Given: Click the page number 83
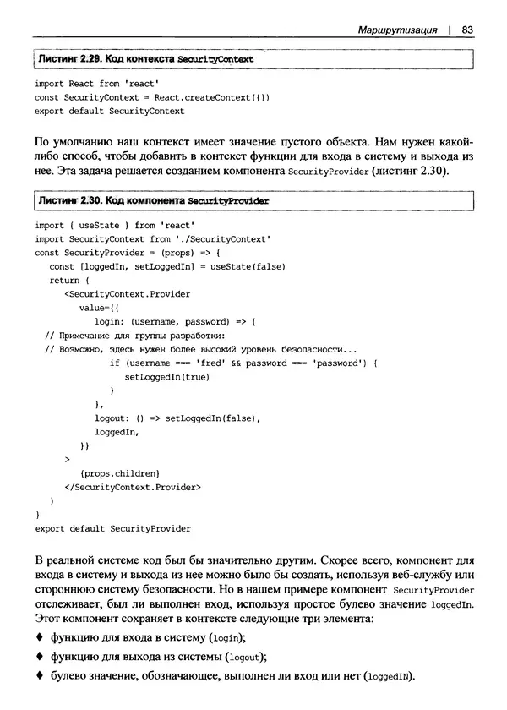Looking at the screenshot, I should point(466,30).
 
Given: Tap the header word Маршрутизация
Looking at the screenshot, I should point(397,30).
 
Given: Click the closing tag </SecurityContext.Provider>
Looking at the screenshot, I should point(133,487).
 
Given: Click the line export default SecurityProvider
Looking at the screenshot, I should point(112,528).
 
